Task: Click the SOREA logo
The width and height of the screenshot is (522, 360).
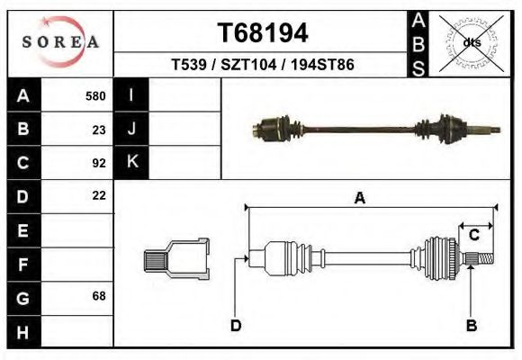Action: click(60, 41)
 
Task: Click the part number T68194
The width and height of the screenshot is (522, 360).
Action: click(263, 33)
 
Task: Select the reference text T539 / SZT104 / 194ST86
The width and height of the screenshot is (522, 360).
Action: click(263, 66)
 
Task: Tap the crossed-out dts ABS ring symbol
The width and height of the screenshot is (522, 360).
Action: click(471, 41)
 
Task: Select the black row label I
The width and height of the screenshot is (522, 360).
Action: click(131, 96)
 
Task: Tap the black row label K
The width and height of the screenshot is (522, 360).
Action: click(131, 163)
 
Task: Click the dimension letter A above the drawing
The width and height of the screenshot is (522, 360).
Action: click(360, 199)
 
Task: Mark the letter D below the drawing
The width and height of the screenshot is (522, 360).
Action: click(235, 325)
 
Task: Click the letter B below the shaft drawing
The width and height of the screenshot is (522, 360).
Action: click(470, 325)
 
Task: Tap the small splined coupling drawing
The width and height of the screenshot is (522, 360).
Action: click(176, 258)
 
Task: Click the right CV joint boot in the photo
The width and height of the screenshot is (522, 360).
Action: click(447, 129)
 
